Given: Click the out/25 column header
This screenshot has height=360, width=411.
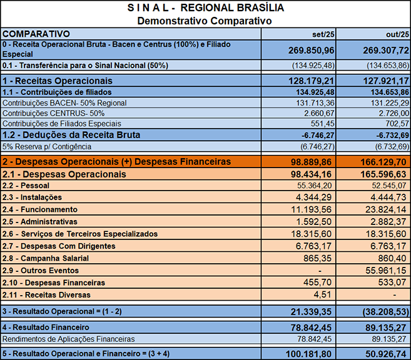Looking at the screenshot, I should pos(397,34).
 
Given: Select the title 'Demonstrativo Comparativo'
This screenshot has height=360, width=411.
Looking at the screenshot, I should pos(205,20).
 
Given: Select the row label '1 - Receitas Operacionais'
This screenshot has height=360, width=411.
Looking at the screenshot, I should pos(58,81).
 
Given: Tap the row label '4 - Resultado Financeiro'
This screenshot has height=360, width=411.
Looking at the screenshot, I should pos(46,327).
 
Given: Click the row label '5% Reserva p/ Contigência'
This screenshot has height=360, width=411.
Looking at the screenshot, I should pos(48,146).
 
